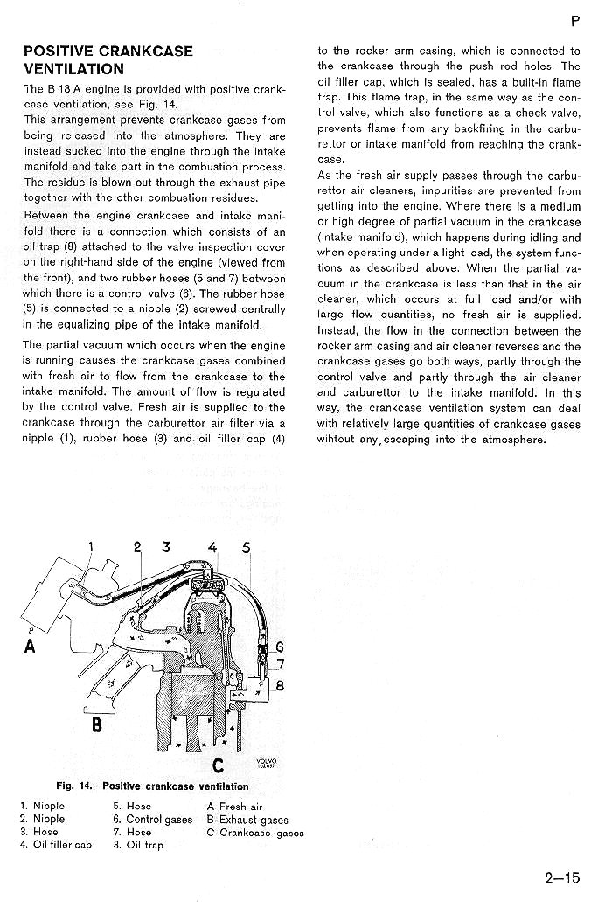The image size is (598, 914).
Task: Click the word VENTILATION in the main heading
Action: pos(73,69)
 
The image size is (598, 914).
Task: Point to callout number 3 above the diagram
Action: pos(166,548)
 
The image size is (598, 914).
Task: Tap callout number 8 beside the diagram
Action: pos(280,686)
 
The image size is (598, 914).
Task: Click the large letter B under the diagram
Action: pos(97,725)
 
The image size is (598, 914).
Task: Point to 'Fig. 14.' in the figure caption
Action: pos(74,786)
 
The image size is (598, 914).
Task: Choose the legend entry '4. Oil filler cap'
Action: pos(55,845)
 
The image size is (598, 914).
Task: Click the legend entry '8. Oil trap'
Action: pos(138,845)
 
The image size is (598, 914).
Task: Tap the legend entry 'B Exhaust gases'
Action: pos(247,820)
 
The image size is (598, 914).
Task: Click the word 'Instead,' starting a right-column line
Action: pos(337,330)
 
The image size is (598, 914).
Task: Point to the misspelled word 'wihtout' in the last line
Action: pos(336,440)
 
